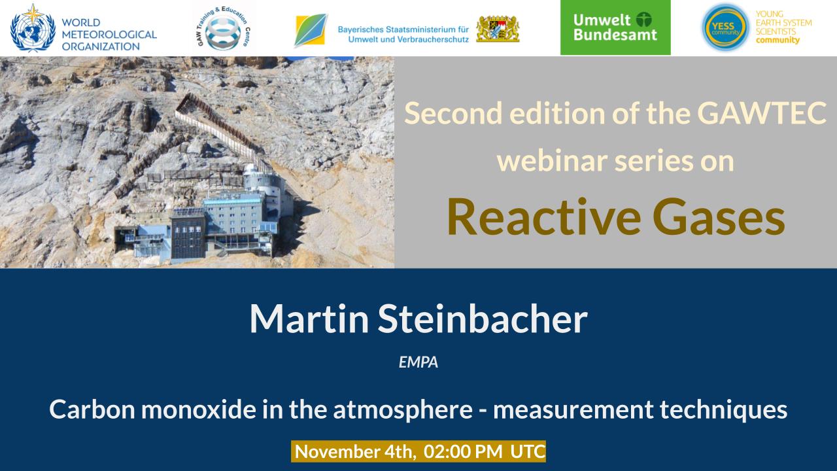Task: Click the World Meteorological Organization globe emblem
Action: pyautogui.click(x=33, y=28)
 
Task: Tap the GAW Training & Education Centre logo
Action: pyautogui.click(x=224, y=28)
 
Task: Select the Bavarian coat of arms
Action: pyautogui.click(x=498, y=29)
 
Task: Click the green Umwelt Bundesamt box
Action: pyautogui.click(x=615, y=27)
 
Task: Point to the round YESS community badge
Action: pyautogui.click(x=725, y=27)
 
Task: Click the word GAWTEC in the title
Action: pyautogui.click(x=762, y=113)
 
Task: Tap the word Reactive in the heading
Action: pyautogui.click(x=543, y=217)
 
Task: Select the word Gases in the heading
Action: pyautogui.click(x=719, y=217)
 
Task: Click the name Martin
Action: pyautogui.click(x=309, y=319)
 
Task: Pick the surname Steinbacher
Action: pyautogui.click(x=483, y=319)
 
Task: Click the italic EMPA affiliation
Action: pyautogui.click(x=418, y=362)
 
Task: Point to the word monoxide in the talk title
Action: pyautogui.click(x=198, y=410)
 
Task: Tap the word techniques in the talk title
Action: pyautogui.click(x=724, y=410)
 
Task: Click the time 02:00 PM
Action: pyautogui.click(x=463, y=451)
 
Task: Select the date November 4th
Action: pyautogui.click(x=355, y=451)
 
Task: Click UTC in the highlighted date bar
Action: pyautogui.click(x=528, y=451)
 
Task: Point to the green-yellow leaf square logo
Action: pyautogui.click(x=311, y=30)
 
